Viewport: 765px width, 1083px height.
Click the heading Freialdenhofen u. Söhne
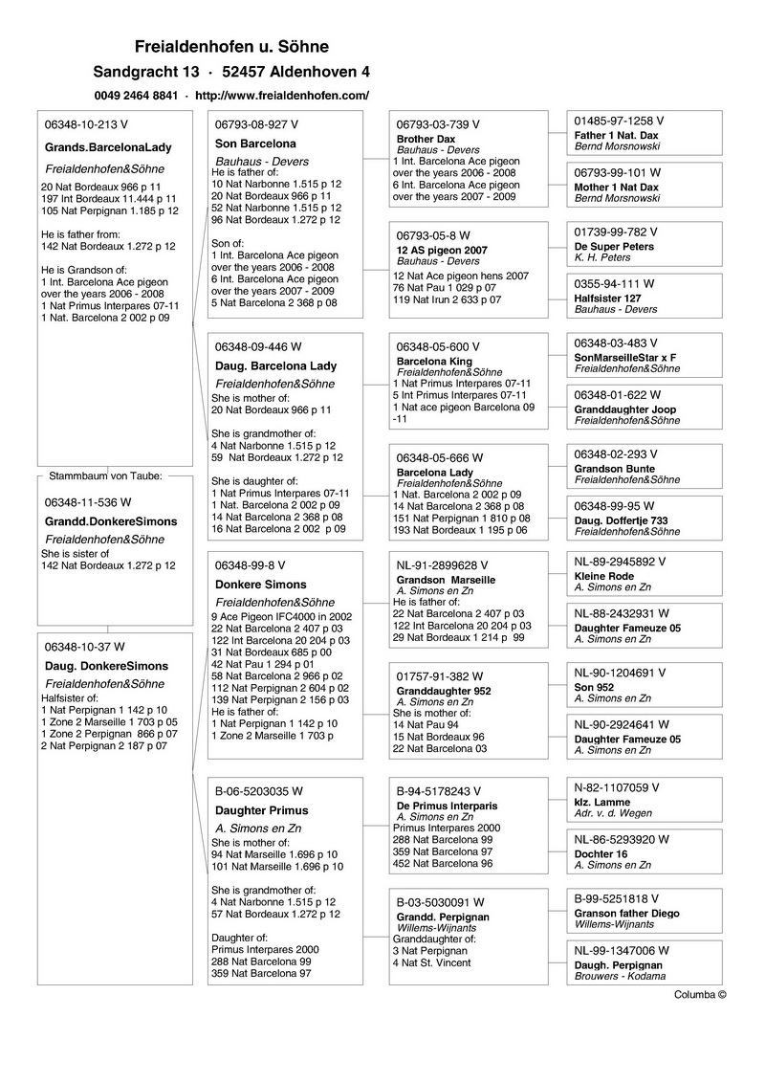(231, 47)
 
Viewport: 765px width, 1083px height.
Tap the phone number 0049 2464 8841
(136, 96)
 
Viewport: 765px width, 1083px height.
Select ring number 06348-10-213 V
(86, 124)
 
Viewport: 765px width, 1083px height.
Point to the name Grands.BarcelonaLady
(108, 148)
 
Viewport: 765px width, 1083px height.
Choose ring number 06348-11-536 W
(88, 501)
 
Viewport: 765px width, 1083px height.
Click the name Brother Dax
(426, 140)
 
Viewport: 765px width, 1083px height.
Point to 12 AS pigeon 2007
(442, 251)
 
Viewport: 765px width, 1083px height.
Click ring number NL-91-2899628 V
(442, 565)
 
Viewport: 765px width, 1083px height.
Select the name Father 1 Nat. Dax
(617, 136)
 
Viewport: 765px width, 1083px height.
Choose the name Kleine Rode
(603, 577)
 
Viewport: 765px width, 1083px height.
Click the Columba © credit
(700, 995)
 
